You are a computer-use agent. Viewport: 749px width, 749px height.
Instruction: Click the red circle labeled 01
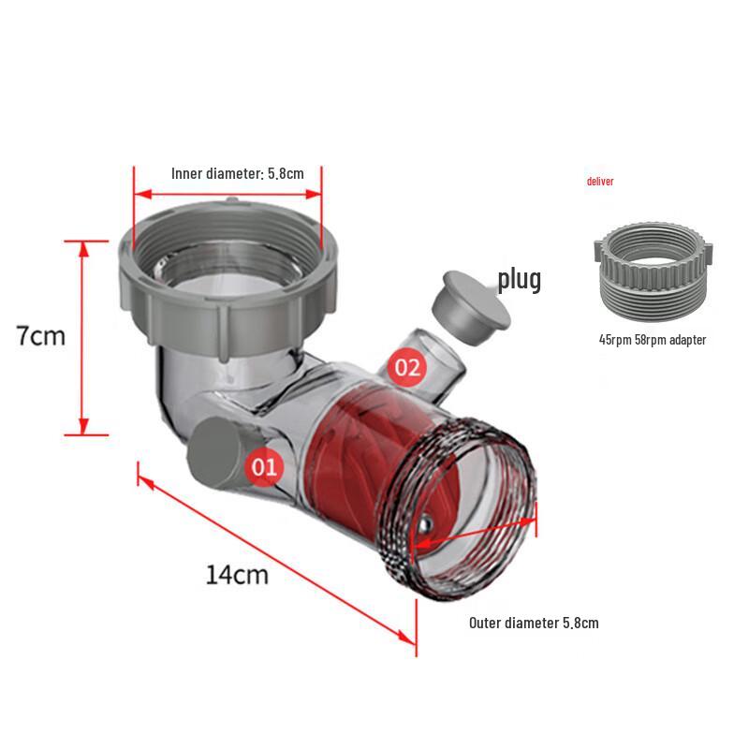click(x=264, y=466)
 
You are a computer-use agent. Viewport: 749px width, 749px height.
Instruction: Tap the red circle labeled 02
click(x=409, y=366)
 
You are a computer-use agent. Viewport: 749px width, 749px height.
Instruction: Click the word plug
click(x=519, y=279)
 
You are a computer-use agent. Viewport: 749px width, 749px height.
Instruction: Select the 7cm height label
click(x=41, y=335)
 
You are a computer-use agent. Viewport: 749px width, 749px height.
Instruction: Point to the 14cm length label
click(x=237, y=573)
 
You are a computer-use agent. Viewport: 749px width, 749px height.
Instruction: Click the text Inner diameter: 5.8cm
click(x=238, y=173)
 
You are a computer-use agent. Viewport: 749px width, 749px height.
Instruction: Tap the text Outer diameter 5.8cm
click(x=534, y=623)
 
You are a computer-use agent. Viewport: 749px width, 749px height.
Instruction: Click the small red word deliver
click(x=600, y=182)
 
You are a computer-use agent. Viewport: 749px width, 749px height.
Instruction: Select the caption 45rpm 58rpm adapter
click(x=652, y=340)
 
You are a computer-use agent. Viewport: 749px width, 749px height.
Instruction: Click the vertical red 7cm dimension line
click(x=82, y=337)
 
